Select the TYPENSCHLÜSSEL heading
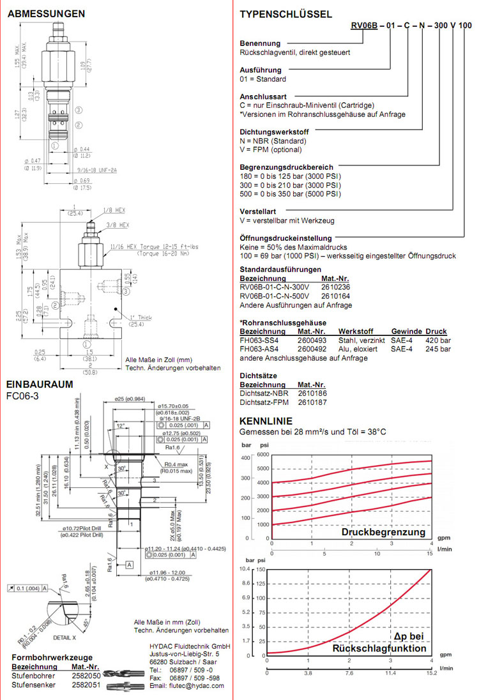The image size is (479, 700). [285, 14]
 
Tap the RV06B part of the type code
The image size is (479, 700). [364, 26]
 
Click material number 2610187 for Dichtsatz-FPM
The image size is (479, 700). [312, 402]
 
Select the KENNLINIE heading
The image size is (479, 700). [266, 422]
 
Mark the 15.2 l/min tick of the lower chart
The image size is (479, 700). [432, 673]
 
